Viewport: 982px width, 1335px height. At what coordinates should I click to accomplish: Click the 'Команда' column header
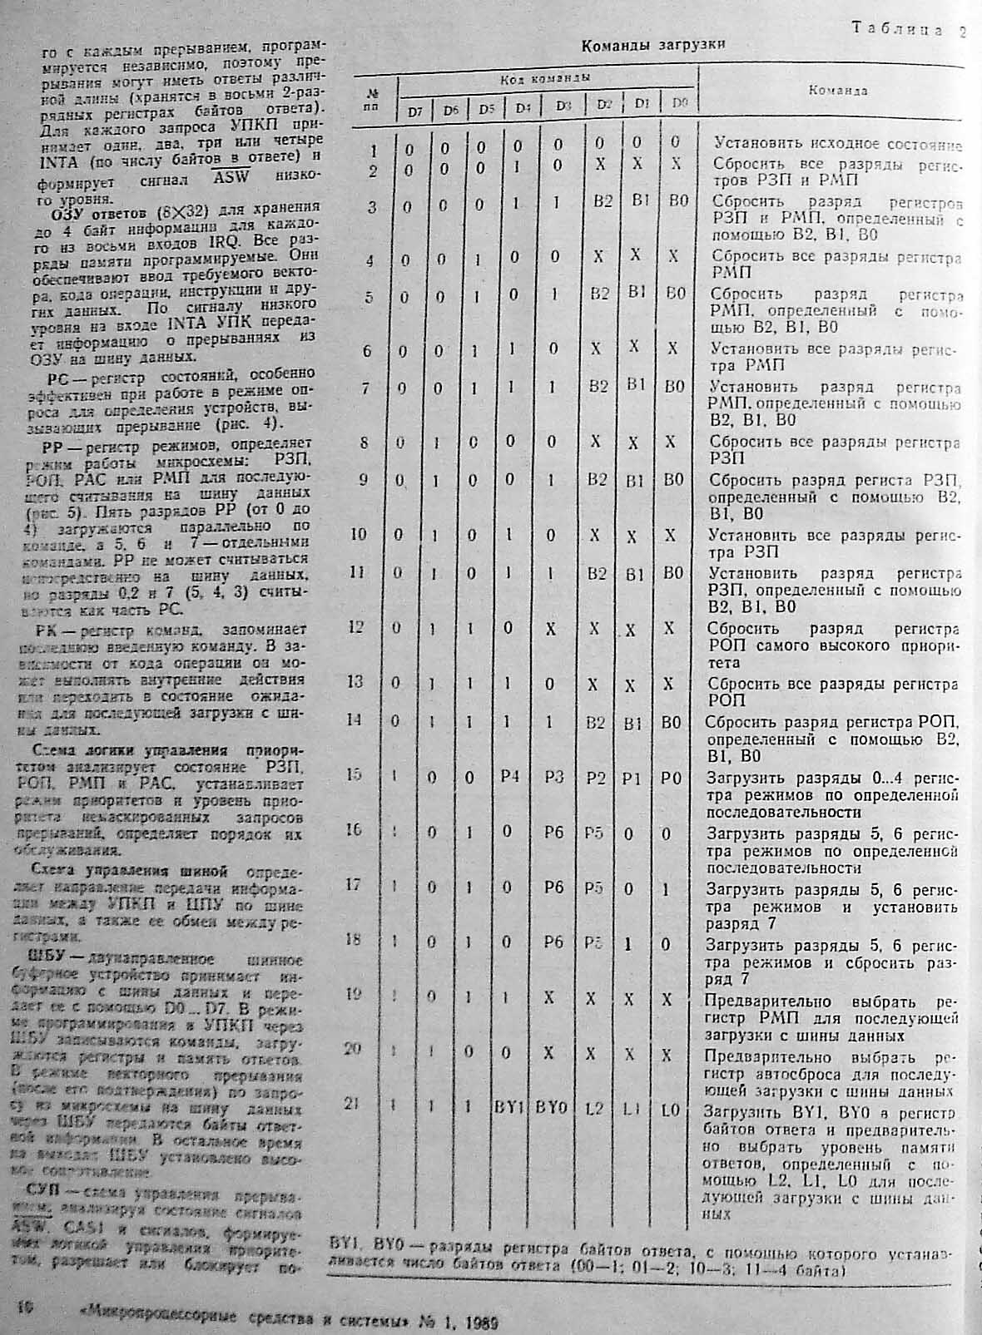pyautogui.click(x=839, y=91)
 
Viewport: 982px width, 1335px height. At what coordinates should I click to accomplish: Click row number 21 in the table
pyautogui.click(x=353, y=1103)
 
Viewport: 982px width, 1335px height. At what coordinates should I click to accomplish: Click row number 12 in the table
pyautogui.click(x=355, y=626)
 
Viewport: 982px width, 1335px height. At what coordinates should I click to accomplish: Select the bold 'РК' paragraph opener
pyautogui.click(x=59, y=630)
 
